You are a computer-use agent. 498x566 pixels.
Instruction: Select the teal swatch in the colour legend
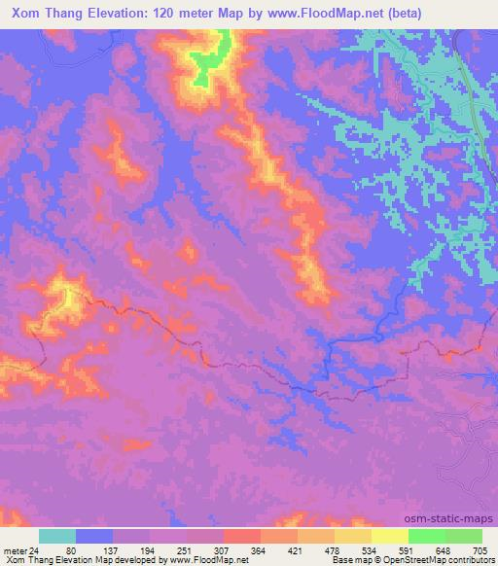tap(57, 536)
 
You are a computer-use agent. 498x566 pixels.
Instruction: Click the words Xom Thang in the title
tap(43, 14)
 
